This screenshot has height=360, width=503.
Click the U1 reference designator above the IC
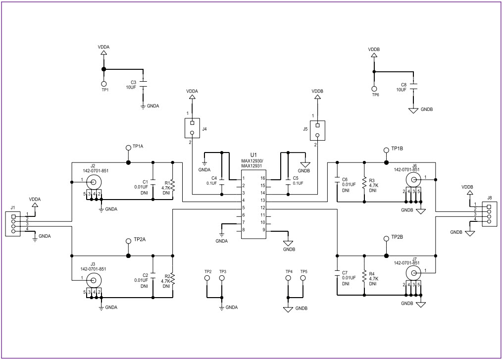point(253,155)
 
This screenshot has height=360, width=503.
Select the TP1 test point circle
point(104,84)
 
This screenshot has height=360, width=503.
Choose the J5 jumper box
point(317,130)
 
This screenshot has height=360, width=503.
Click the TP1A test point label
point(138,147)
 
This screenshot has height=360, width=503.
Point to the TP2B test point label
point(397,238)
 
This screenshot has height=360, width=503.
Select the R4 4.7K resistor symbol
point(364,277)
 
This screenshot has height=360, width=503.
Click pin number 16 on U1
point(263,178)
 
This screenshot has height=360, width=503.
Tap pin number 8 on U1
point(244,229)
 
